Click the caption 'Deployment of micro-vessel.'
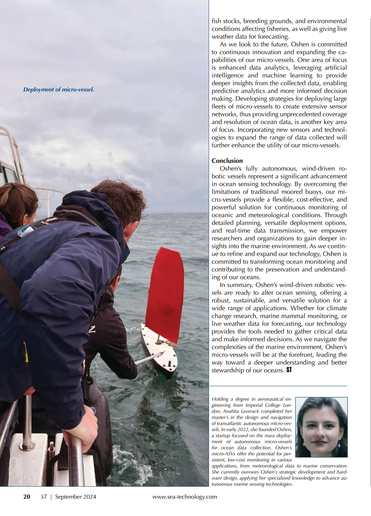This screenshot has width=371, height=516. coord(58,90)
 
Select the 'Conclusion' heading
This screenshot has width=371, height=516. coord(227,161)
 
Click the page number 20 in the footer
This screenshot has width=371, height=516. coord(27,497)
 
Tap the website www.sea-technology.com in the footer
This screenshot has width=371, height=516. coord(185,497)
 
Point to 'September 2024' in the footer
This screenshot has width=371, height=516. coord(75,497)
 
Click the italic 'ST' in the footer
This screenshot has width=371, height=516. coord(44,497)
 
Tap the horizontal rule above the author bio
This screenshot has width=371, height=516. coord(278,386)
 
